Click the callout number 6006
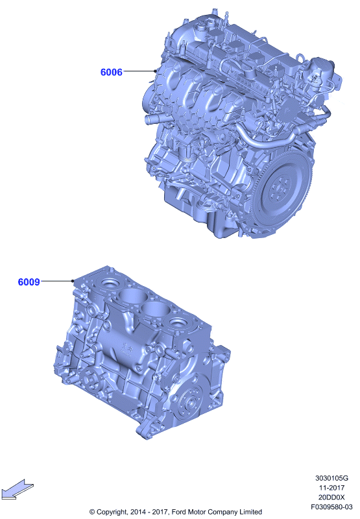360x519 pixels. coord(111,72)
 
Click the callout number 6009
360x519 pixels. coord(29,282)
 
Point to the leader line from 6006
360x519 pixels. coord(139,71)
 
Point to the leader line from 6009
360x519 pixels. coord(57,281)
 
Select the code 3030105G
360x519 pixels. coord(331,478)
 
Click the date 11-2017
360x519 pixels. coord(331,488)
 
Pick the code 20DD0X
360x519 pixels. coord(331,497)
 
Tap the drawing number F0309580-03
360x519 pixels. coord(331,507)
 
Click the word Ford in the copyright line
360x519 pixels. coord(178,512)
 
